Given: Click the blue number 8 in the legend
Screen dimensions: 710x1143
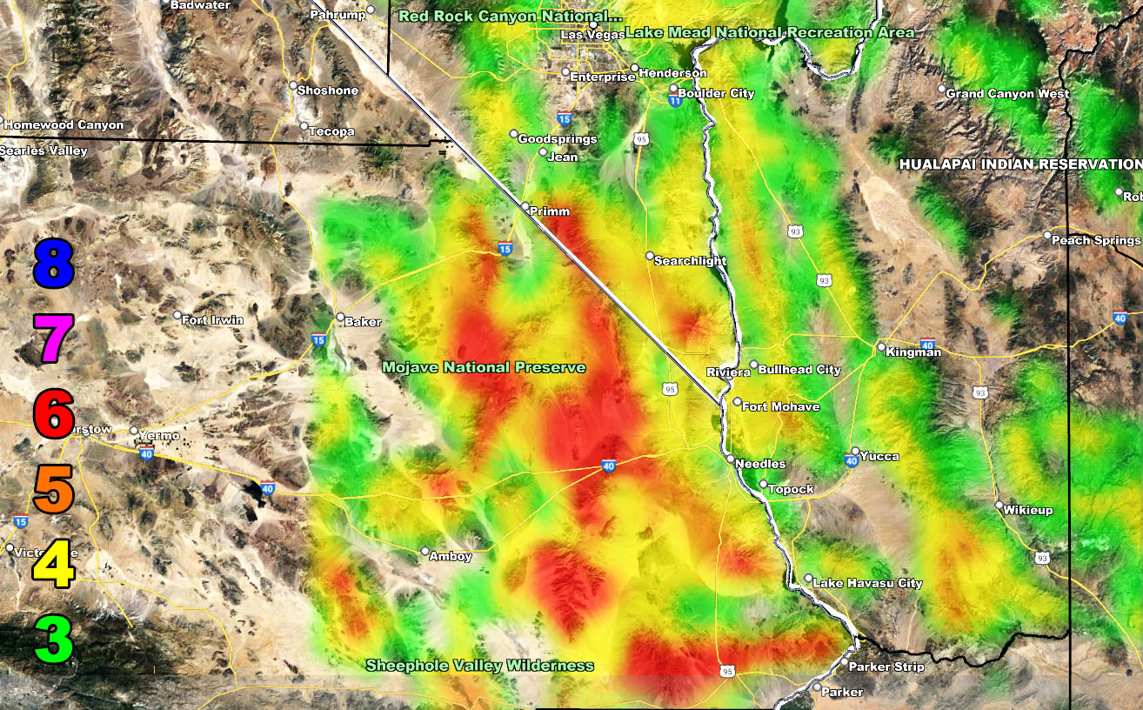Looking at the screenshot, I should click(53, 263).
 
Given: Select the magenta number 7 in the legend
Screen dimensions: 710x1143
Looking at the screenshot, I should click(53, 338).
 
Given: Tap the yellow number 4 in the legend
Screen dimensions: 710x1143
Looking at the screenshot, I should click(53, 564).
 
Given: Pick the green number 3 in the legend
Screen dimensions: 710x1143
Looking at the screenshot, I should click(53, 639).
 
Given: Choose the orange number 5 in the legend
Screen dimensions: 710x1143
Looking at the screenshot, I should click(53, 489).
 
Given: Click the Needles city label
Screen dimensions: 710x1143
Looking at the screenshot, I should click(760, 464).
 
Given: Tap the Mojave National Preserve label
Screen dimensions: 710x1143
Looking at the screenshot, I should click(484, 368).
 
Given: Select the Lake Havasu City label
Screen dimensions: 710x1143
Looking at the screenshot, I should click(868, 583).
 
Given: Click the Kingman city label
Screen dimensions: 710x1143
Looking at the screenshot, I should click(913, 352).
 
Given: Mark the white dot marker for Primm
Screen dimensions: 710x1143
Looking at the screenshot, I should click(525, 208).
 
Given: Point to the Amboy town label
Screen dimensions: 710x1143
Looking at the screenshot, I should click(451, 556).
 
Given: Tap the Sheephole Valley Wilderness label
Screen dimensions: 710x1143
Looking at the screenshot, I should click(479, 666).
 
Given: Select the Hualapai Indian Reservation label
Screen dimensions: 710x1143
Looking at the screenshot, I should click(1020, 164).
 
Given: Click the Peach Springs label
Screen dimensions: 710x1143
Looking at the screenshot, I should click(1095, 240).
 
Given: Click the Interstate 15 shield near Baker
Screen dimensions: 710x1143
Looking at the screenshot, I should click(319, 339).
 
